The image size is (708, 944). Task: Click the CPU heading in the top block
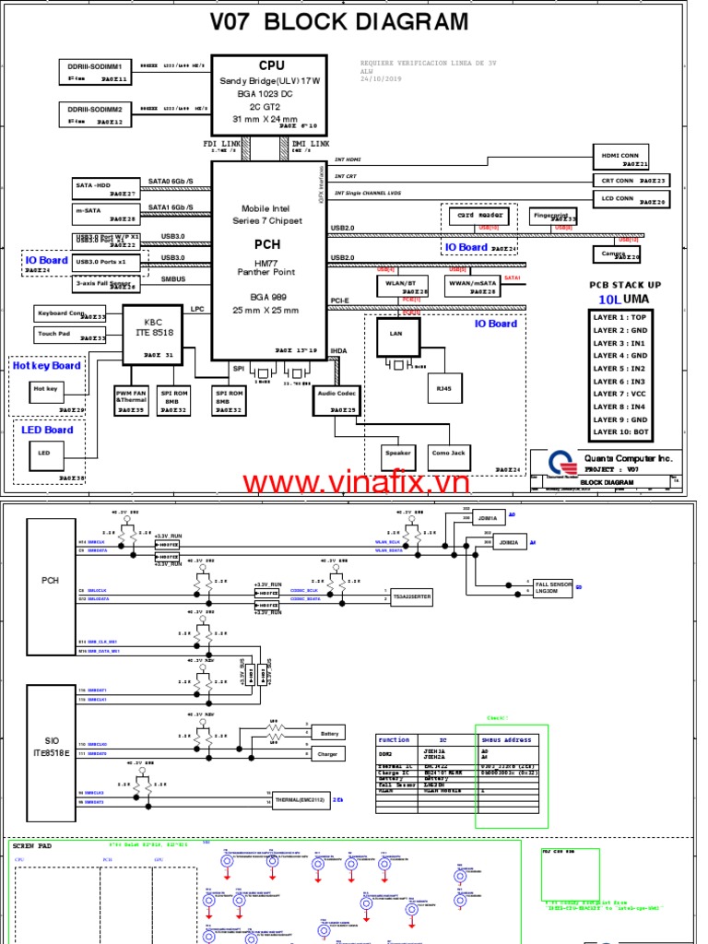(271, 65)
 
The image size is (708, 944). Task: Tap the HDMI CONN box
(619, 156)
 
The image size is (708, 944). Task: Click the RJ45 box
(444, 388)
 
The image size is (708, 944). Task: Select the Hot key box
(46, 389)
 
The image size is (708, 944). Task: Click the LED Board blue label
(47, 430)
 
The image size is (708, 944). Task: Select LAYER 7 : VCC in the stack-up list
(620, 394)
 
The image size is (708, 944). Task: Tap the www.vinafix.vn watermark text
(356, 483)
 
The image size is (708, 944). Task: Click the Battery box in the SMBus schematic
(329, 733)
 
